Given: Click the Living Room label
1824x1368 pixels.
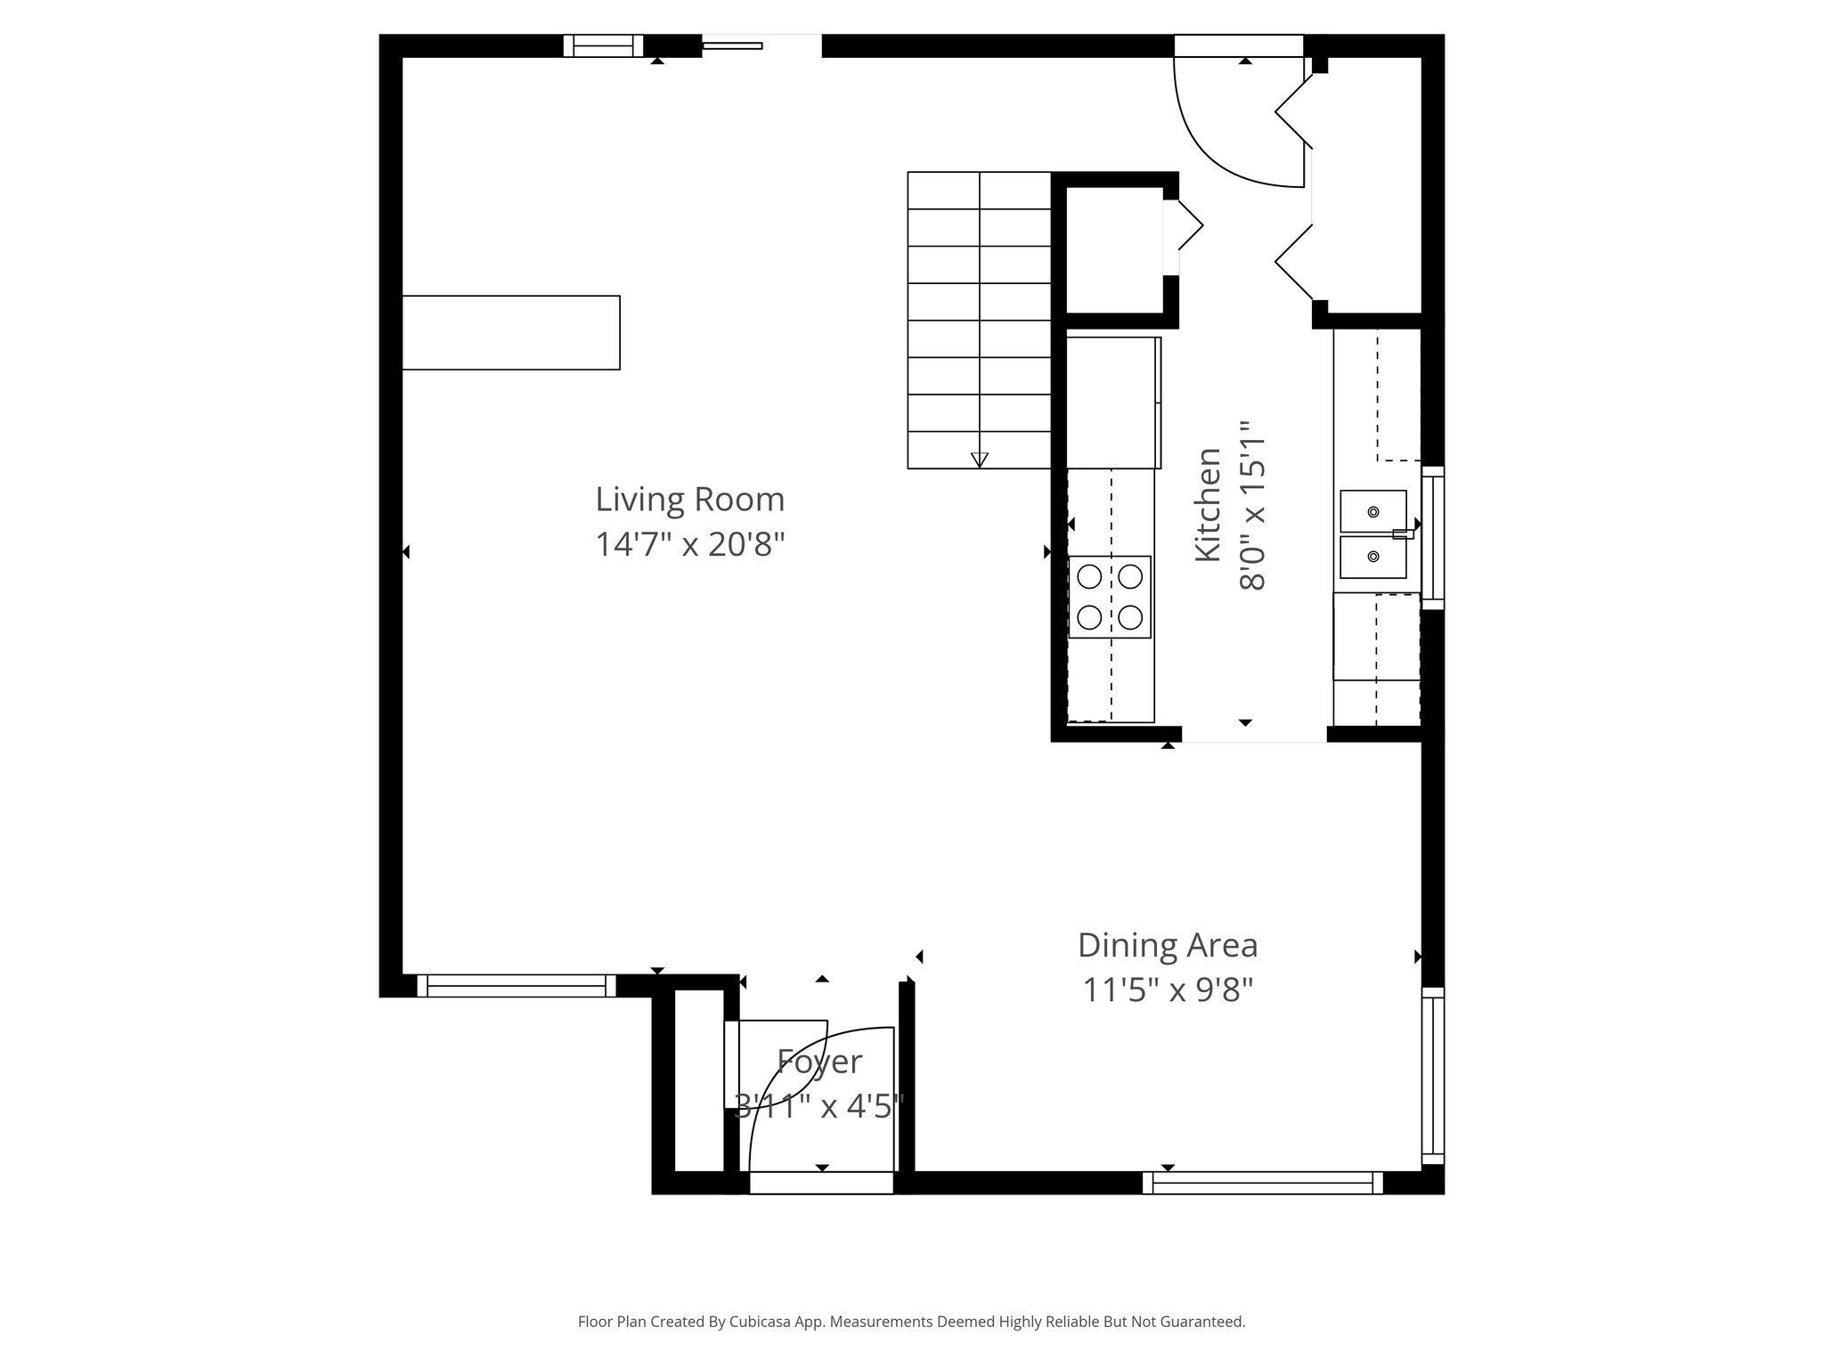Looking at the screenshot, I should tap(689, 500).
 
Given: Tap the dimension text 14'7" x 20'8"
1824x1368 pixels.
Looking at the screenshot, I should tap(689, 544).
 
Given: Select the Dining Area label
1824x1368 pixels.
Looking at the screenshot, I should tap(1167, 945).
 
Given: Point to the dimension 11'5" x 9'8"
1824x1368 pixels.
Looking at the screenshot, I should tap(1167, 989).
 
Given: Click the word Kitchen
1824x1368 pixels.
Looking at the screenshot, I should tap(1208, 504).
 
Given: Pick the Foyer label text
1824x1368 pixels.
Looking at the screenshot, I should tap(819, 1062).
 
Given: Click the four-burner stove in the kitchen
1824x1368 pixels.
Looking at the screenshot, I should tap(1110, 597).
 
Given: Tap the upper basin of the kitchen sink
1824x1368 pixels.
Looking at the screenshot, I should tap(1373, 511).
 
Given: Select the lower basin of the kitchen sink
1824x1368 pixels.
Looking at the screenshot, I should tap(1373, 557).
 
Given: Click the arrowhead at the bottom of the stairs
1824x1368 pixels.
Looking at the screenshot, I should tap(980, 460).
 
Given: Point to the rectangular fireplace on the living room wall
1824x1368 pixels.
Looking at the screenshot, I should tap(511, 332).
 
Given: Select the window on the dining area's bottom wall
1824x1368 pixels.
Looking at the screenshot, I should tap(1262, 1183).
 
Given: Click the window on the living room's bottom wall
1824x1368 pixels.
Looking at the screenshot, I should tap(517, 985).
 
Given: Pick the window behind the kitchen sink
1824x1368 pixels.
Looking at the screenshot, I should tap(1432, 538).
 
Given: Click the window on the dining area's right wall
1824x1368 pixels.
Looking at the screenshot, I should tap(1432, 1075).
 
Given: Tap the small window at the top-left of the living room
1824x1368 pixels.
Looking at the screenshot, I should tap(603, 45).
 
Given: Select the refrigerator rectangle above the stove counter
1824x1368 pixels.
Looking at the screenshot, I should tap(1113, 403).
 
